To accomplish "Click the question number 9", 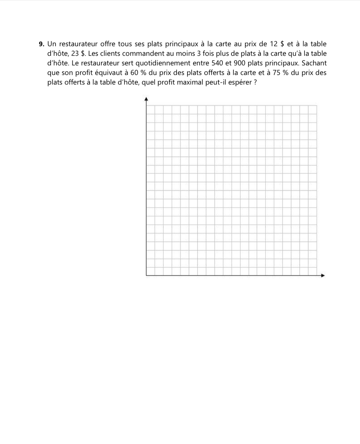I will pos(41,44).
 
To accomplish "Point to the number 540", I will pos(217,63).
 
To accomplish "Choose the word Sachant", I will pos(314,63).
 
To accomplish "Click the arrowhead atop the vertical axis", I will pos(146,99).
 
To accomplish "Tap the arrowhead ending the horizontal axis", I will pos(323,275).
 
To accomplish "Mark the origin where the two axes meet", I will pos(146,275).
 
